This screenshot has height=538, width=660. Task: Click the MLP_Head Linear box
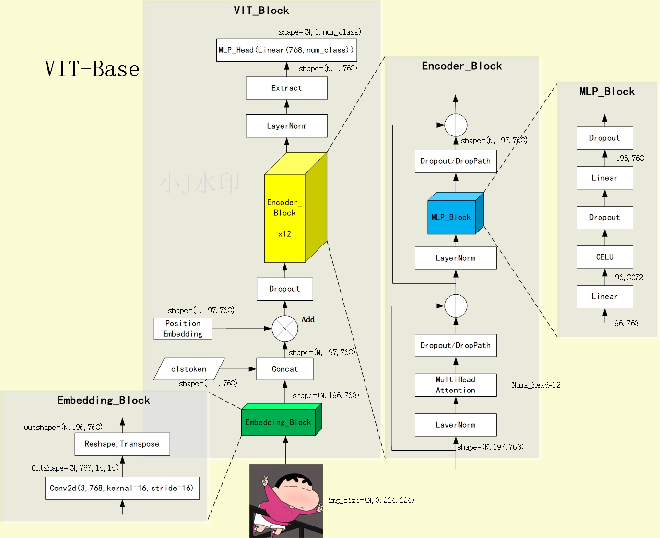[286, 50]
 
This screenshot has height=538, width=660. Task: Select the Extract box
[286, 88]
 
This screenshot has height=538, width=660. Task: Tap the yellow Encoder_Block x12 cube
[285, 218]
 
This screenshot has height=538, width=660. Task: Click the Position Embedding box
[183, 329]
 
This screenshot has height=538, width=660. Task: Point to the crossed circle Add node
[285, 329]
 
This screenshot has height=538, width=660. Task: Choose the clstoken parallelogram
[189, 369]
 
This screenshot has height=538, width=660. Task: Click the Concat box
[285, 369]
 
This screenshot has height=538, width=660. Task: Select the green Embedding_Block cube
[279, 422]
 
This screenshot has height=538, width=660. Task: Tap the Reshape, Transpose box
[122, 444]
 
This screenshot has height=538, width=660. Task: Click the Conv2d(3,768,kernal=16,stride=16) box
[122, 488]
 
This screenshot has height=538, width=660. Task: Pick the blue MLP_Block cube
[451, 217]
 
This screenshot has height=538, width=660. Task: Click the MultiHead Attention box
[456, 385]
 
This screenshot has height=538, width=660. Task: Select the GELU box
[604, 257]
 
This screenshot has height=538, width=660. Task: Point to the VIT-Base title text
[92, 69]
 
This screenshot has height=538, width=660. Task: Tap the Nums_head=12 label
[536, 385]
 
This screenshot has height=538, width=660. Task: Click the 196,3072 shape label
[627, 277]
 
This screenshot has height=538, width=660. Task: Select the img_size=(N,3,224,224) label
[371, 501]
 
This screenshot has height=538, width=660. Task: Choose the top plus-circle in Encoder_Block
[456, 125]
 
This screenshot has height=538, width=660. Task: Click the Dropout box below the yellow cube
[285, 289]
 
